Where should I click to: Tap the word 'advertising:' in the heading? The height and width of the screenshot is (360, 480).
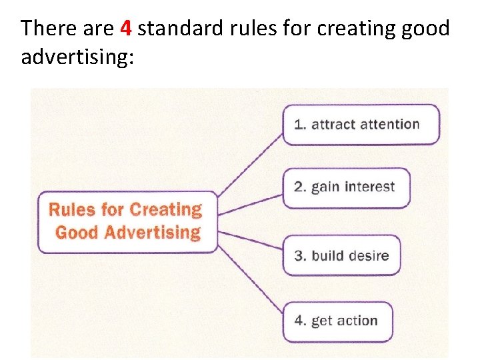pos(77,57)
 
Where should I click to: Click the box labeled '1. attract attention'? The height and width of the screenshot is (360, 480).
pos(361,124)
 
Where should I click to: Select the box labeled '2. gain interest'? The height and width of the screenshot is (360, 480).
pos(346,187)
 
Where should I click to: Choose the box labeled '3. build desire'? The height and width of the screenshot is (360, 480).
pos(342,255)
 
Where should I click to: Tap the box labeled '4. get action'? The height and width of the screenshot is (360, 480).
pos(337,321)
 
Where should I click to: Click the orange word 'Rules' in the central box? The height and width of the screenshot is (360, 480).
pos(73,209)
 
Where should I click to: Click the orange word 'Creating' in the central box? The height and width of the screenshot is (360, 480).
pos(165,209)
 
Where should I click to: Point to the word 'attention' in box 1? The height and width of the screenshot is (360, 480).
pos(389,124)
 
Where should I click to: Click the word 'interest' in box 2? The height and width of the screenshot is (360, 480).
pos(369,187)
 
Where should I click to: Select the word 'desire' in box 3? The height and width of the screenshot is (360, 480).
pos(367,255)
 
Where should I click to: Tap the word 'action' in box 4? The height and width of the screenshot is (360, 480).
pos(357,321)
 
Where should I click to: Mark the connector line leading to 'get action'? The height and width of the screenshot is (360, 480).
pos(250,273)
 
